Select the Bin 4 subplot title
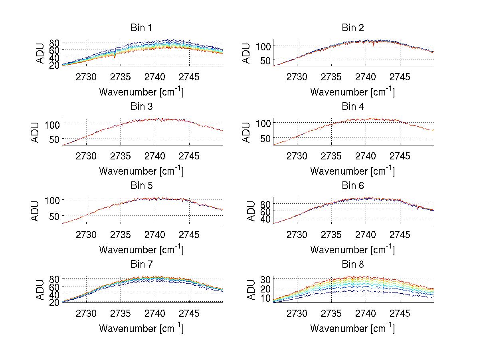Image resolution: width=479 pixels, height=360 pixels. (x=352, y=107)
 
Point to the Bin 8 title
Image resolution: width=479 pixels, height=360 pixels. (x=352, y=265)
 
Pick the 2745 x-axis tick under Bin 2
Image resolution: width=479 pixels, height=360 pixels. (x=400, y=76)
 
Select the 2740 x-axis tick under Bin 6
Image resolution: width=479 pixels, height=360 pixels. (x=366, y=234)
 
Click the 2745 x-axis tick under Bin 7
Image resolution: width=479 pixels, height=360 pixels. (x=189, y=313)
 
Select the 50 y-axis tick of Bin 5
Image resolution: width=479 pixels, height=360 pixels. (x=54, y=216)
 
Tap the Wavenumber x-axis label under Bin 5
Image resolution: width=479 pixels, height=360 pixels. (x=141, y=250)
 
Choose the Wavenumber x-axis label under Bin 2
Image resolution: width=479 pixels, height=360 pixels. (x=352, y=92)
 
